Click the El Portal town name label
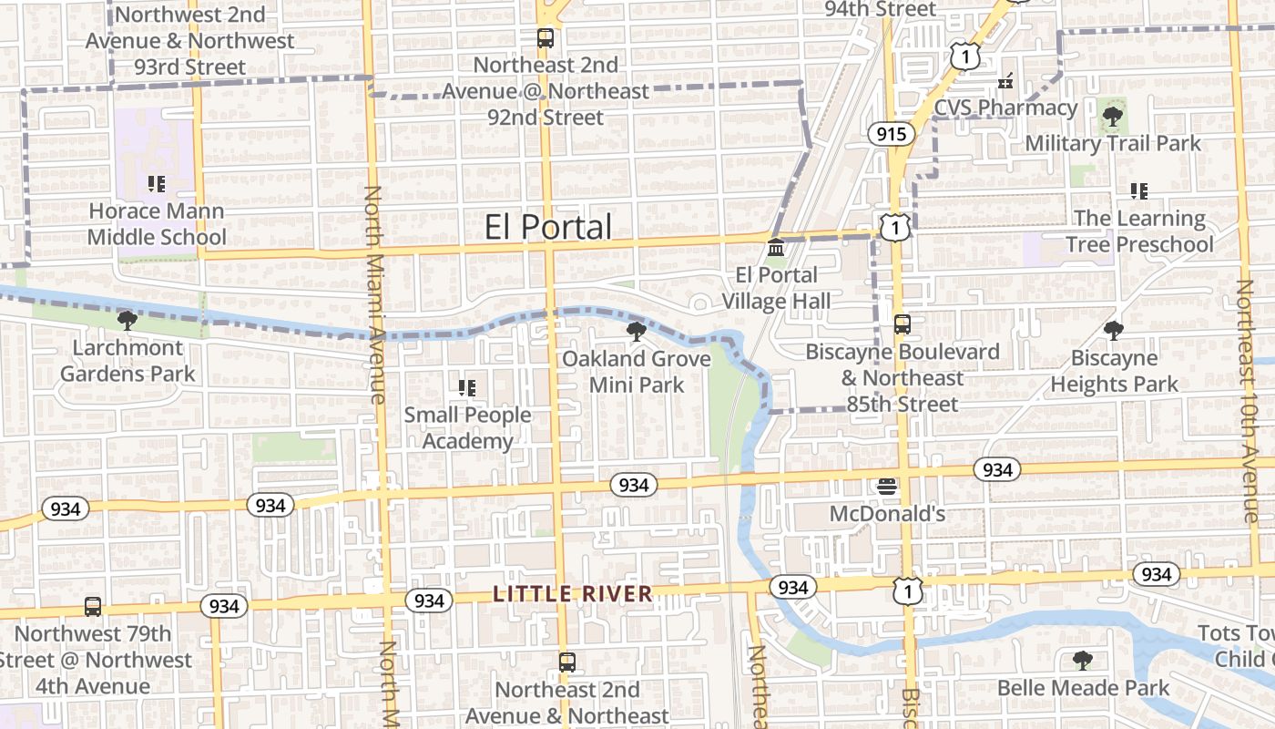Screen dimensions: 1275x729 coord(547,227)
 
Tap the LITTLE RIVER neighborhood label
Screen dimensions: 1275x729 coord(573,594)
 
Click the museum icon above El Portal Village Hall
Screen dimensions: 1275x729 coord(776,248)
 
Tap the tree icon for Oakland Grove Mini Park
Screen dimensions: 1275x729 coord(637,331)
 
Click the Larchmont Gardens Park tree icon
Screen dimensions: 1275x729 coord(127,320)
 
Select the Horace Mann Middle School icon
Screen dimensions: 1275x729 coord(157,184)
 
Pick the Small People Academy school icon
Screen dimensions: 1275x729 coord(467,388)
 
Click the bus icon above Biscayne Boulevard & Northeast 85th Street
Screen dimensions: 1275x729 coord(902,323)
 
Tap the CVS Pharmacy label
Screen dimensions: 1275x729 coord(1005,108)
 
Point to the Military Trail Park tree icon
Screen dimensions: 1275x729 coord(1112,116)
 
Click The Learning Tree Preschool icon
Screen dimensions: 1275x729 coord(1138,190)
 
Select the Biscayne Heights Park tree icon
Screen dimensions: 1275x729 coord(1114,330)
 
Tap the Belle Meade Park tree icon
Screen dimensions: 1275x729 coord(1083,660)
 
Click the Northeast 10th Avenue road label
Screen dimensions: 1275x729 coord(1245,401)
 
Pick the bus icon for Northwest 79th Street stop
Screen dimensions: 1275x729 coord(93,606)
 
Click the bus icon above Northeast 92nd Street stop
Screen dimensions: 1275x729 coord(545,38)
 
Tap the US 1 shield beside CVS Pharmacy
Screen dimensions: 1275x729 coord(965,57)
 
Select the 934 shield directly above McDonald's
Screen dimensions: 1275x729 coord(997,469)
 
